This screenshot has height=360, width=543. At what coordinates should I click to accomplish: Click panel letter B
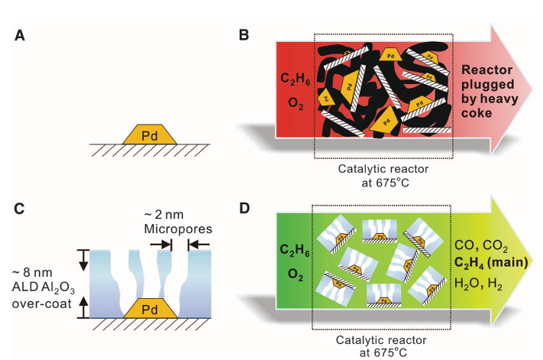[x=244, y=36]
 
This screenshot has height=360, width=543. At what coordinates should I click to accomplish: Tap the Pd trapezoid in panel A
[x=151, y=134]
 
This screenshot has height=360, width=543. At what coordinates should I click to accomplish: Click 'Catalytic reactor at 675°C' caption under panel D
[x=382, y=345]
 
